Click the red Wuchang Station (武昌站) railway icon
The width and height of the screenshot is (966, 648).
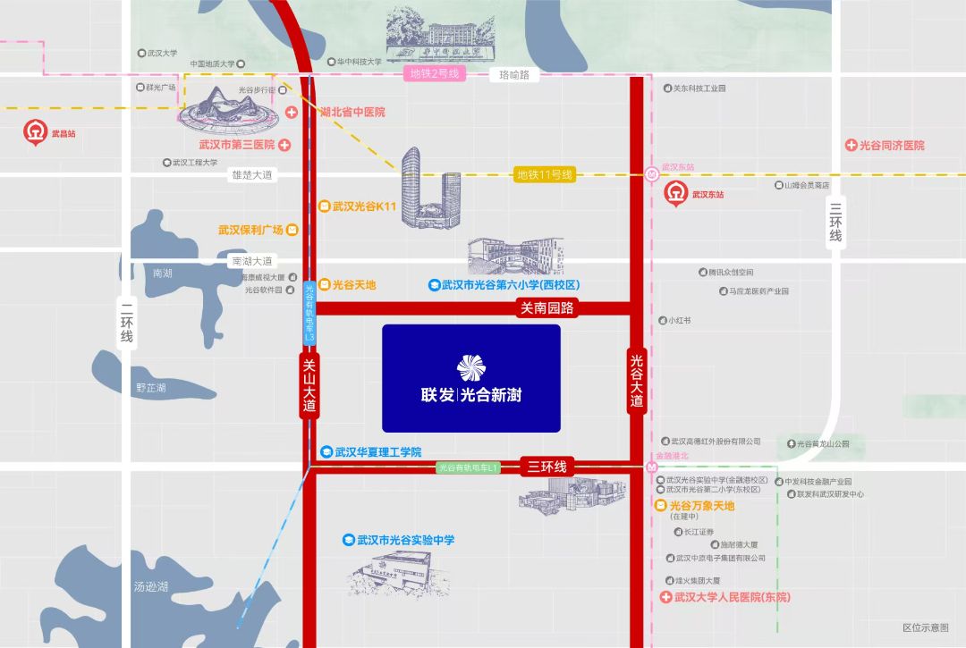click(35, 132)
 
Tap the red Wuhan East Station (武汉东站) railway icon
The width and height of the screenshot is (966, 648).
click(675, 193)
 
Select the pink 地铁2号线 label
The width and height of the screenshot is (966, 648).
click(435, 73)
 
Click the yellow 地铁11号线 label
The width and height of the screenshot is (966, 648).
click(544, 174)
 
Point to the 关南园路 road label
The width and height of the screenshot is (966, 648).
click(547, 308)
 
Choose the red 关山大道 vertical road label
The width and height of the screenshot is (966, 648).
click(309, 385)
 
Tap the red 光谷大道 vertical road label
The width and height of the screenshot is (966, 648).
click(637, 381)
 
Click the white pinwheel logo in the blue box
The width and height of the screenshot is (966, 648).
click(470, 367)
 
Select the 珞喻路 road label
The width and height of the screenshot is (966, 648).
click(514, 75)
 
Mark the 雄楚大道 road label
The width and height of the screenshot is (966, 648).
click(251, 175)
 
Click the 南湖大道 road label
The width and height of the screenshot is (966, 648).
click(251, 261)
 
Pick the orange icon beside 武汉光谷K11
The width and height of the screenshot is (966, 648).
click(325, 206)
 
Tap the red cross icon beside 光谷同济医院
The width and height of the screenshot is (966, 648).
click(852, 145)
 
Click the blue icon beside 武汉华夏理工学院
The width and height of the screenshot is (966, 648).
click(327, 452)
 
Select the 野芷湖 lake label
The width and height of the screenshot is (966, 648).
click(151, 388)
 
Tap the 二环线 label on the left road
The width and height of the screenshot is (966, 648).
click(126, 324)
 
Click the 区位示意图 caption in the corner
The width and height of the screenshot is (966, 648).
click(925, 628)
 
